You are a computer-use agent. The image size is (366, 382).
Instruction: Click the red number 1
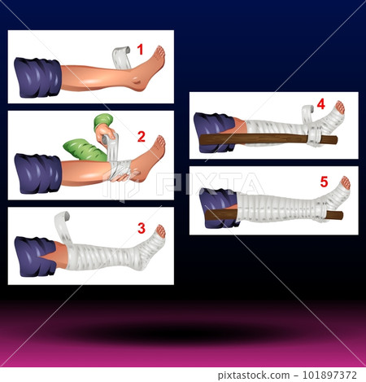(140, 50)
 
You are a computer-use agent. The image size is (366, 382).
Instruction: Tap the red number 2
(141, 136)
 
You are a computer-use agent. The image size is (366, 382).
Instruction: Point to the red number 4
(320, 104)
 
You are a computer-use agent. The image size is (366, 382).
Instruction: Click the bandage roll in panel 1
(120, 58)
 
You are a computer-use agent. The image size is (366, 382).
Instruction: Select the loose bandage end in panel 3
(61, 224)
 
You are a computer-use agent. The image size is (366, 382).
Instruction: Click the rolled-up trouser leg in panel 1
(37, 77)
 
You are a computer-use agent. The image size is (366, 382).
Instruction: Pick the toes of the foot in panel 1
(159, 55)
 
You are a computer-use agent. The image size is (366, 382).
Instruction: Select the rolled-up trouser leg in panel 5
(217, 209)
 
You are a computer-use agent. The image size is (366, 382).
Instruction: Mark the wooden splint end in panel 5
(333, 215)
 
